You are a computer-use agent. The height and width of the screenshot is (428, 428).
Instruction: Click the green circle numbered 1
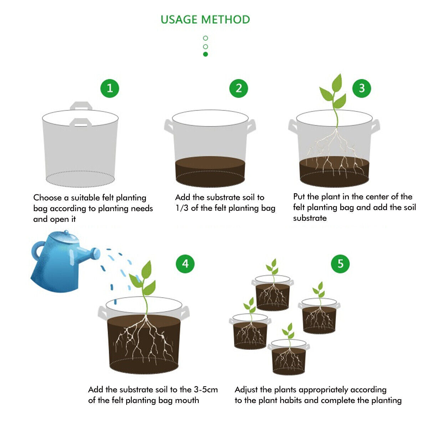tap(110, 88)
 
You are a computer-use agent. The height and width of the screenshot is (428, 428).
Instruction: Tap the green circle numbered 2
tap(239, 88)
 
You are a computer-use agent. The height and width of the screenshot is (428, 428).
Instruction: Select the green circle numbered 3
tap(362, 88)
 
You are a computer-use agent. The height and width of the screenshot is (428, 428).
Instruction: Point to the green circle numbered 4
tap(185, 264)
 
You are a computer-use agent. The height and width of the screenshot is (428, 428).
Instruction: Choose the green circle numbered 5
tap(340, 264)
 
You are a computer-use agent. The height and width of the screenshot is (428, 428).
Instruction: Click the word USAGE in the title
tap(179, 20)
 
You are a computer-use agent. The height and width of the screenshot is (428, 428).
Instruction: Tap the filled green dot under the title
tap(205, 54)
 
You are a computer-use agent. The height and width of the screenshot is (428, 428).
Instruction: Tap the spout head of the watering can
tap(96, 254)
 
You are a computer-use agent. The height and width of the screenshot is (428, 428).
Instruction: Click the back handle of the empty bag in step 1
tap(81, 106)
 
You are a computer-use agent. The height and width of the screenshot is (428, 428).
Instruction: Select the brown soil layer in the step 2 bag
tap(210, 171)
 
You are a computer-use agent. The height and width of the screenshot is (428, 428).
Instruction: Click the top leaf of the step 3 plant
tap(337, 83)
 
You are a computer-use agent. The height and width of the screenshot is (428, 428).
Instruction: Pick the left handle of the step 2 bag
tap(168, 127)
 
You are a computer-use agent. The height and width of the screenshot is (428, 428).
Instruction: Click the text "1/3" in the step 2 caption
tap(182, 208)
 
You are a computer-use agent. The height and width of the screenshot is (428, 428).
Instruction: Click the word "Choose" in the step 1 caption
tap(47, 198)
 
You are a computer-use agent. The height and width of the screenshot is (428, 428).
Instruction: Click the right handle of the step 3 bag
tap(375, 127)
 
